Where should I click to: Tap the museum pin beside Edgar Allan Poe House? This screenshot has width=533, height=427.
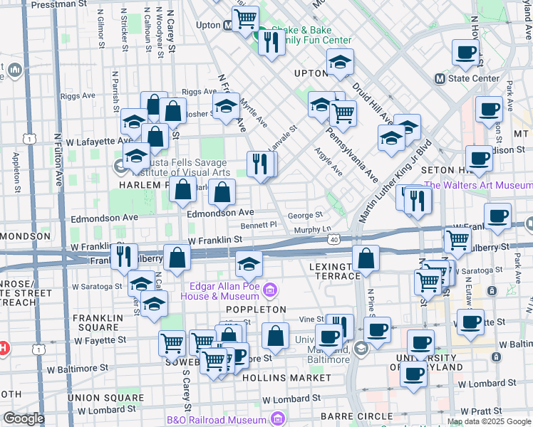269,290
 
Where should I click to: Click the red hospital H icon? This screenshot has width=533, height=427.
2,349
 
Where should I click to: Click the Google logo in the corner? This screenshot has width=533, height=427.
24,418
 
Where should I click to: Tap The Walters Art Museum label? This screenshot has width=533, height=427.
477,186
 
